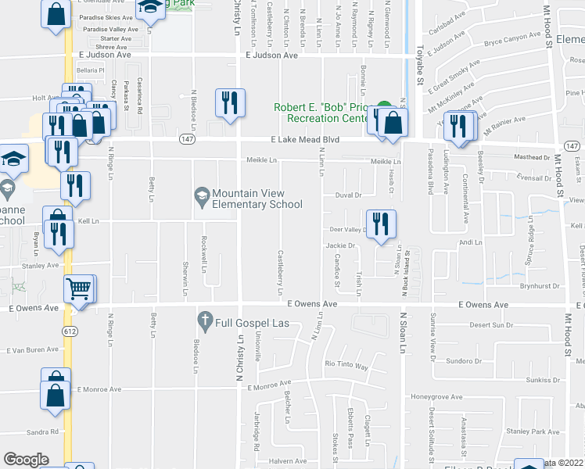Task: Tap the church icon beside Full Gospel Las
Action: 205,320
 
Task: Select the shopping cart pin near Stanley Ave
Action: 78,289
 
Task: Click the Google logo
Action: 26,460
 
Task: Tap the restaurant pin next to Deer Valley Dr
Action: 381,224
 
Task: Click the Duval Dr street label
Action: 348,195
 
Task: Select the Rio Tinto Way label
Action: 346,365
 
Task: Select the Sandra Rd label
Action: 43,431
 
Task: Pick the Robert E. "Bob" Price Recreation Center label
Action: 322,113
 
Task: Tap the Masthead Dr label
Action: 533,157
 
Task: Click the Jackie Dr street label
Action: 340,245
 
